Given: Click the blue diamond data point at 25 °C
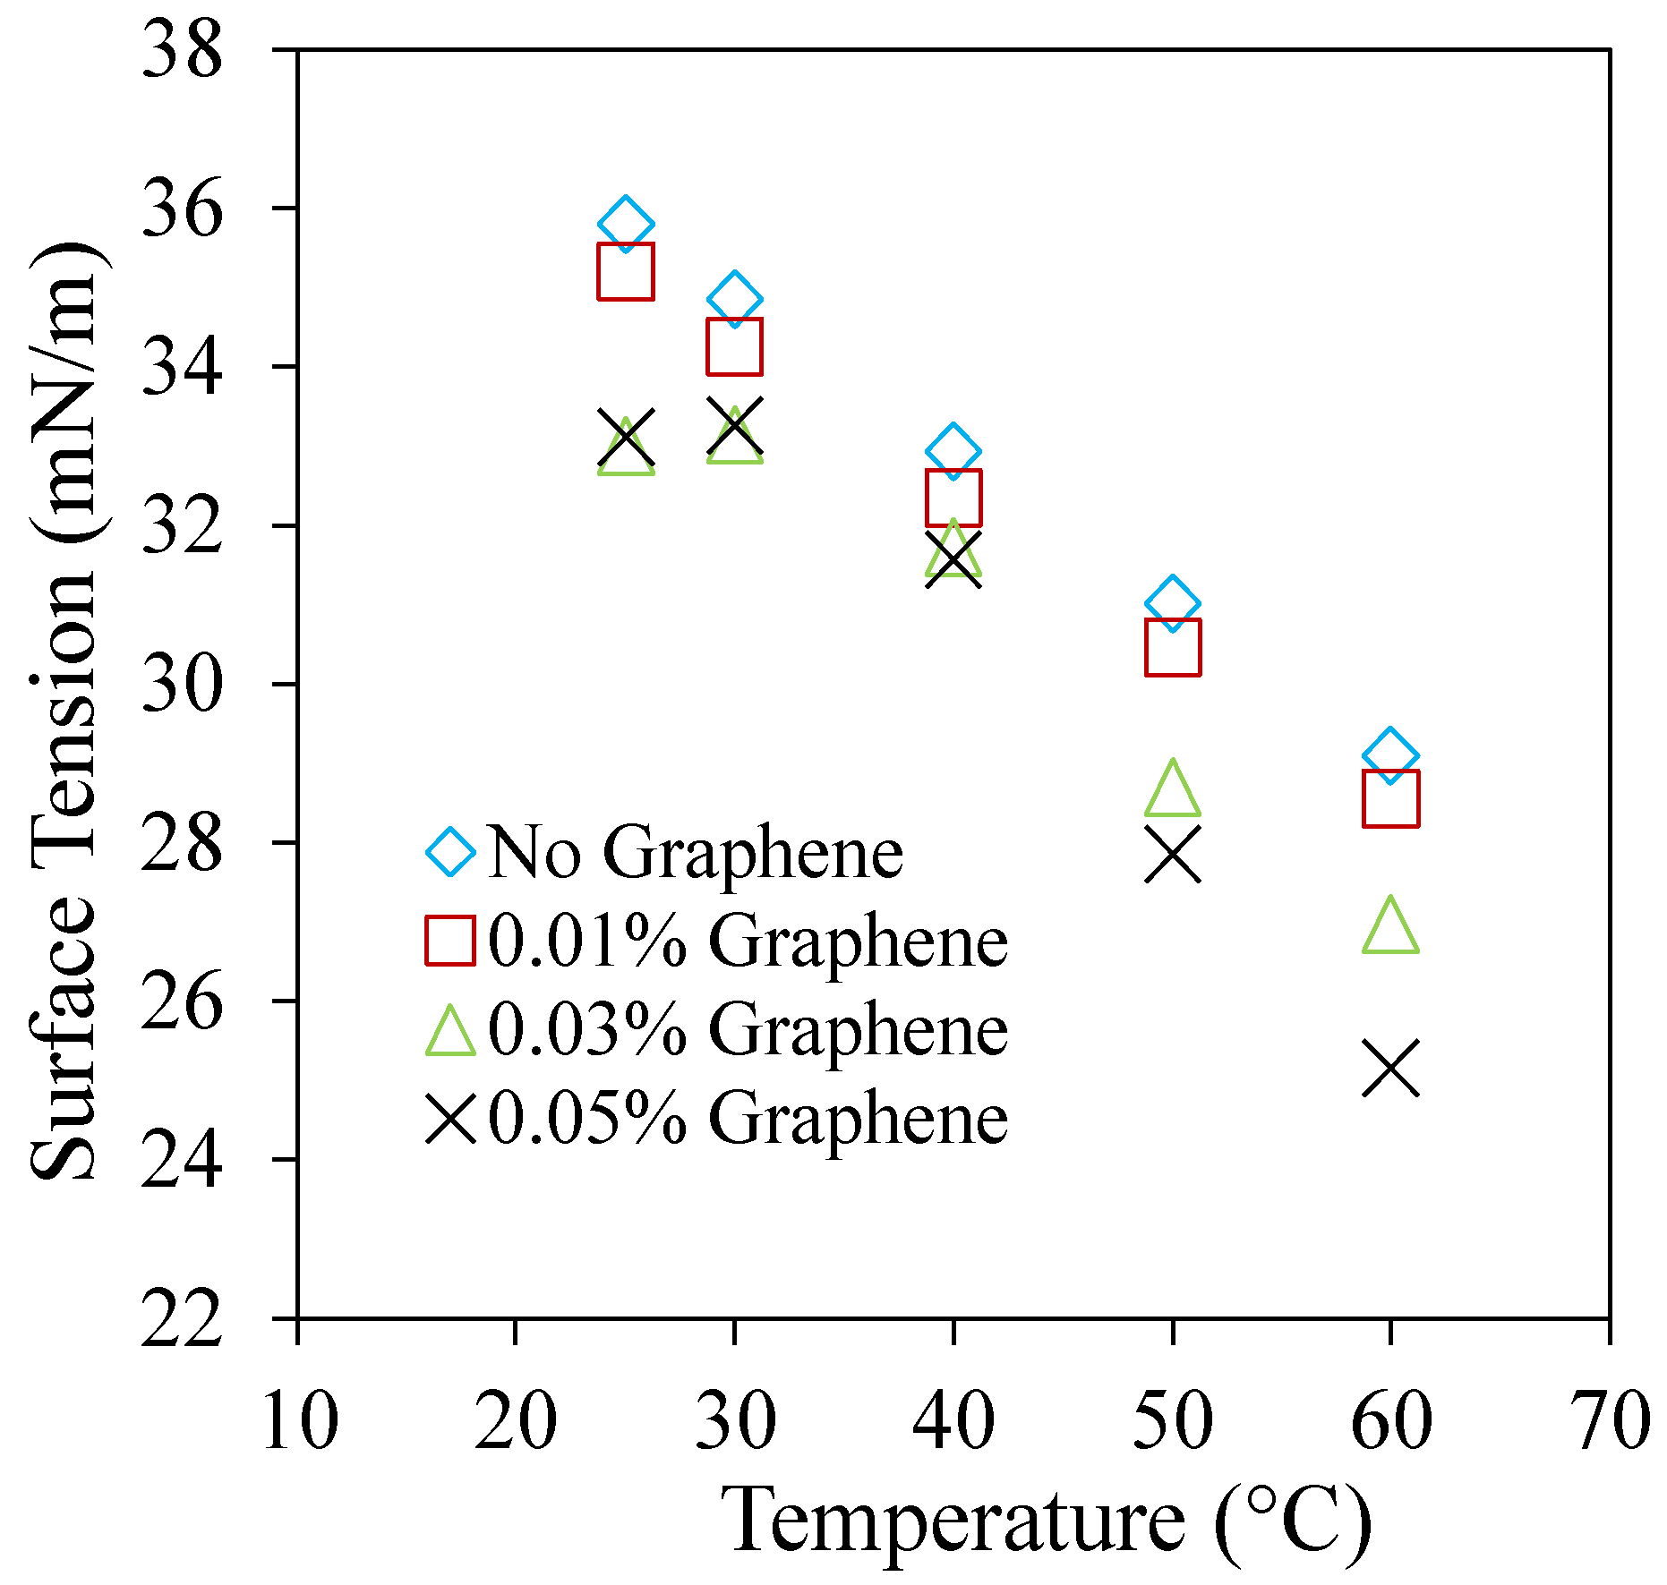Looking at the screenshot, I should click(x=625, y=224).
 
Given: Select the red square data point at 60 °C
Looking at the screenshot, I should click(x=1390, y=797).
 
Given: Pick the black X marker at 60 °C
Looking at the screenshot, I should click(x=1390, y=1069).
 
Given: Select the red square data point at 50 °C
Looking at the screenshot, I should click(x=1172, y=646).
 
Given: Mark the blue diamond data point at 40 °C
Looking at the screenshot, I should click(x=953, y=451).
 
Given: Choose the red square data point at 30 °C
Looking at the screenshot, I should click(x=734, y=346).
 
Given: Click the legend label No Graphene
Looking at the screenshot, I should click(x=696, y=852).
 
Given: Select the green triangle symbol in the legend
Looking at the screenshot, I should click(x=450, y=1031).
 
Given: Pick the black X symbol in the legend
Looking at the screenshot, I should click(x=450, y=1119).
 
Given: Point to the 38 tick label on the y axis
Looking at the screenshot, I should click(x=182, y=51).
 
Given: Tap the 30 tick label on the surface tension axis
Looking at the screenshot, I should click(x=182, y=685).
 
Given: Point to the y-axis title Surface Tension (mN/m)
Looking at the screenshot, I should click(x=64, y=712).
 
